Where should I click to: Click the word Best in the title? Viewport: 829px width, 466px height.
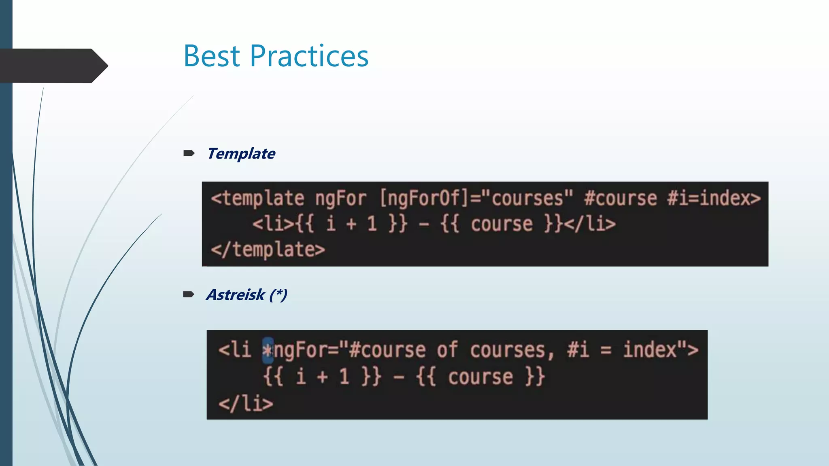click(212, 56)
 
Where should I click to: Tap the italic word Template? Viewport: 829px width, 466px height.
click(241, 154)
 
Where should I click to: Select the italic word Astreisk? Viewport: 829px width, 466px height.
click(235, 294)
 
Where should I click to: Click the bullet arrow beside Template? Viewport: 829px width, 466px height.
click(189, 153)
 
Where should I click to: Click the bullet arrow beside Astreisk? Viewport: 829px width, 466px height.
click(189, 294)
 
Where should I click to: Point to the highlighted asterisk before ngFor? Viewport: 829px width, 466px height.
click(268, 350)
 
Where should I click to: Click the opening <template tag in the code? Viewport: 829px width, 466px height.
click(257, 199)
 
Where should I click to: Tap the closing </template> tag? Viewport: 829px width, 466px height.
click(268, 250)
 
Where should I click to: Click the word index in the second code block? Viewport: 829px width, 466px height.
click(650, 349)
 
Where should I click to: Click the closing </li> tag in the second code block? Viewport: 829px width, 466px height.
click(246, 404)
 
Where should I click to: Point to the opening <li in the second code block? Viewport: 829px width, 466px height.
click(235, 349)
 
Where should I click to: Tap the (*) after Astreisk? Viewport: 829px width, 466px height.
click(278, 294)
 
